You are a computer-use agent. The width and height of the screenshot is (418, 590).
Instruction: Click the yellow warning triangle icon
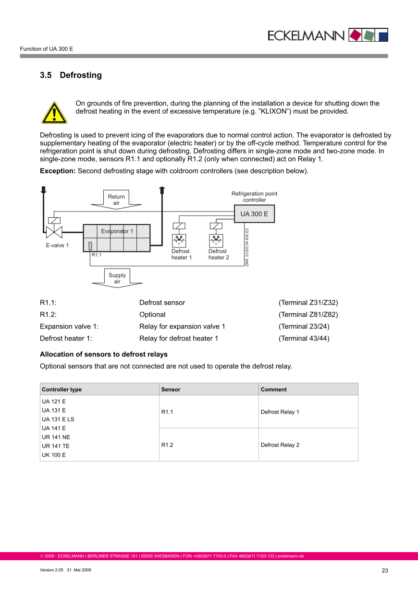tap(54, 113)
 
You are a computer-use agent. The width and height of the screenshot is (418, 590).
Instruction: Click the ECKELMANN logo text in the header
tap(306, 35)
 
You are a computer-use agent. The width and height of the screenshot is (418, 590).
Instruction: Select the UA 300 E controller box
tap(254, 214)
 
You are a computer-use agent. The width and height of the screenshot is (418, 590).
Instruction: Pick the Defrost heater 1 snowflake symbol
tap(179, 240)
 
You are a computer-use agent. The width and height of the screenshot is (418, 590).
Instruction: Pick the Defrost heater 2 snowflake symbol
tap(216, 240)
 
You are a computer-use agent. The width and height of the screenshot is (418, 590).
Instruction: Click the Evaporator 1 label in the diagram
tap(117, 231)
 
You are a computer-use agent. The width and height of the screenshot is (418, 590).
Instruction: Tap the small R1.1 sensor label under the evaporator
tap(97, 255)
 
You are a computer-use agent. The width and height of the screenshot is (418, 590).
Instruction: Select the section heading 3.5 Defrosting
tap(71, 75)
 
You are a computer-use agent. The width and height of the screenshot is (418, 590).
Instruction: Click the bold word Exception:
tap(58, 171)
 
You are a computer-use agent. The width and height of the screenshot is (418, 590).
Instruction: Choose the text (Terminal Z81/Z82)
tap(308, 315)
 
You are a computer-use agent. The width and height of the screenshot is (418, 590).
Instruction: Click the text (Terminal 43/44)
tap(304, 338)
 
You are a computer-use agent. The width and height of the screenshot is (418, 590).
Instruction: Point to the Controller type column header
tap(62, 389)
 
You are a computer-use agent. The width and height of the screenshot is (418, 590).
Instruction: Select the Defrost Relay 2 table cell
tap(280, 445)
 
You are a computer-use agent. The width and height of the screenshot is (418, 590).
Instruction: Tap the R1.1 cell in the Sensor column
tap(167, 412)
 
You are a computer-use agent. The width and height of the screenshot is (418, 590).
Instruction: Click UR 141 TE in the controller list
tap(56, 446)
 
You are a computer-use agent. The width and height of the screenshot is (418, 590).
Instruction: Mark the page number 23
tap(384, 570)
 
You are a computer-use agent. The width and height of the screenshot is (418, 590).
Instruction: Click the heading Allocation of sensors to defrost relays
tap(104, 354)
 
